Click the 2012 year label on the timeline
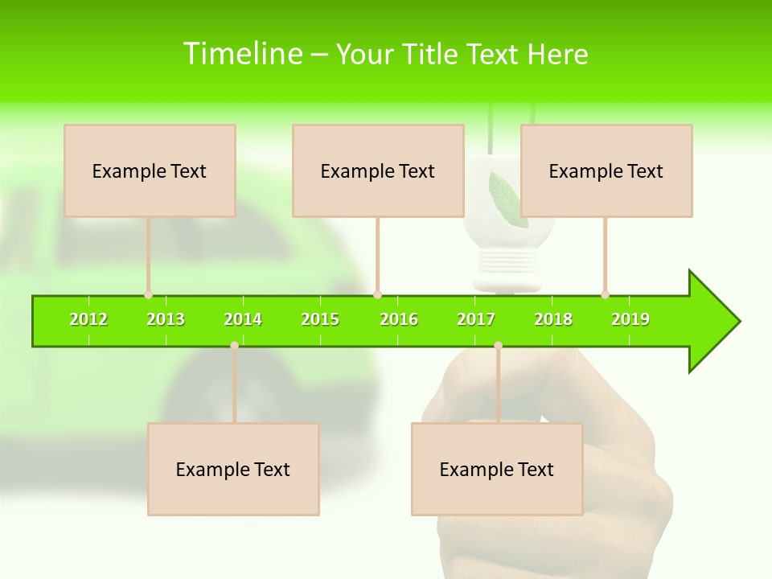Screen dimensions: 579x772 click(x=88, y=319)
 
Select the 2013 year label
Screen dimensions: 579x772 click(x=166, y=319)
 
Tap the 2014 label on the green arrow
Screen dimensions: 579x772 click(x=243, y=319)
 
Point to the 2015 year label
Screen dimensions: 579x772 click(x=320, y=319)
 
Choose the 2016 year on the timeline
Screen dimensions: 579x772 click(x=399, y=319)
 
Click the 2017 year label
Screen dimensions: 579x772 click(x=476, y=319)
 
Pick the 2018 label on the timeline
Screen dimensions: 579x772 click(x=553, y=319)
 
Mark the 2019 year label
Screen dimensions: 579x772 click(x=630, y=319)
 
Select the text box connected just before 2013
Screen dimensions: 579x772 click(x=150, y=171)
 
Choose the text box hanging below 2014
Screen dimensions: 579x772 click(x=233, y=470)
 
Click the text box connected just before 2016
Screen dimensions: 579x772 click(x=378, y=171)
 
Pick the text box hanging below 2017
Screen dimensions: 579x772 click(x=497, y=470)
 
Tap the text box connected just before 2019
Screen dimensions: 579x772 click(x=606, y=171)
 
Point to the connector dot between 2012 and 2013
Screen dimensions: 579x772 click(x=149, y=294)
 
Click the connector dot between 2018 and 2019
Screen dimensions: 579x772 click(x=606, y=294)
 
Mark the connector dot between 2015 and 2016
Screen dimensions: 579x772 click(x=377, y=294)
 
